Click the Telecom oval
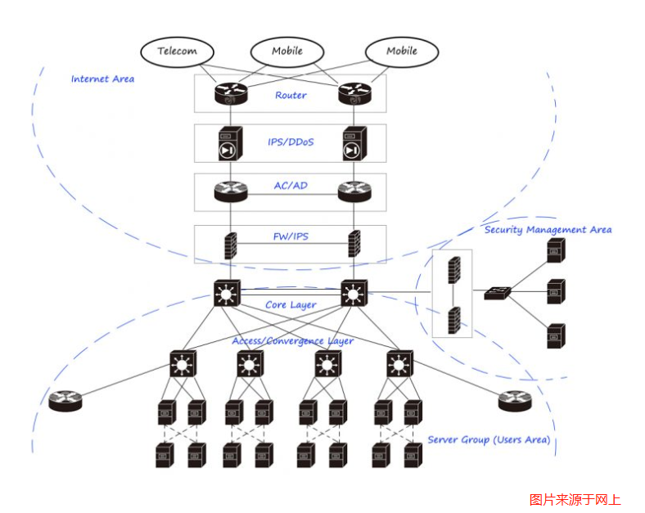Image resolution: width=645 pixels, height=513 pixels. click(177, 51)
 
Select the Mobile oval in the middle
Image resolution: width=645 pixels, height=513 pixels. click(286, 51)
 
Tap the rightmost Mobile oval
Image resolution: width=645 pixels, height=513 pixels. click(401, 51)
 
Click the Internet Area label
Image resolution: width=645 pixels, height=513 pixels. click(102, 79)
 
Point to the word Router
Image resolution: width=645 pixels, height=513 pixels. click(291, 96)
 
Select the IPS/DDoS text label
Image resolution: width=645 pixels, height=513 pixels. click(291, 142)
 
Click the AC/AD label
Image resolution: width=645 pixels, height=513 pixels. click(291, 187)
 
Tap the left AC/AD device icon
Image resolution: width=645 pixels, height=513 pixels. click(230, 191)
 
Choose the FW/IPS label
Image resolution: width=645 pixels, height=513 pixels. click(291, 237)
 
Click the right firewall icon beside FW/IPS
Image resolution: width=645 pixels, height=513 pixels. click(354, 244)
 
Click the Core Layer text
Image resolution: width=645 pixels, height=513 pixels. click(291, 305)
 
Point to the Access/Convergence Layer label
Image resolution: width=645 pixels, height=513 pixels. click(292, 340)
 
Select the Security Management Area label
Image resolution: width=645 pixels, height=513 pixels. click(548, 230)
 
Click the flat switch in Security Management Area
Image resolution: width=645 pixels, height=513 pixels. click(497, 292)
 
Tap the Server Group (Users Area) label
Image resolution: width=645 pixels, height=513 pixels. click(489, 440)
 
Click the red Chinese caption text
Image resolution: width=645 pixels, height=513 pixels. click(575, 499)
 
